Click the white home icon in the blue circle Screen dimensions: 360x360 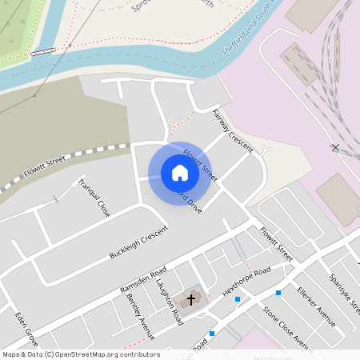(180, 173)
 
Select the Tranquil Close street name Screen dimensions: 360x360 (93, 198)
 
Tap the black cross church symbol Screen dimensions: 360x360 (190, 300)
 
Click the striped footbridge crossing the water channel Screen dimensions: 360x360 (44, 51)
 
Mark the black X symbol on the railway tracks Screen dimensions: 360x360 (335, 148)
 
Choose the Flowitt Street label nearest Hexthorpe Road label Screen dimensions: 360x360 (276, 244)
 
